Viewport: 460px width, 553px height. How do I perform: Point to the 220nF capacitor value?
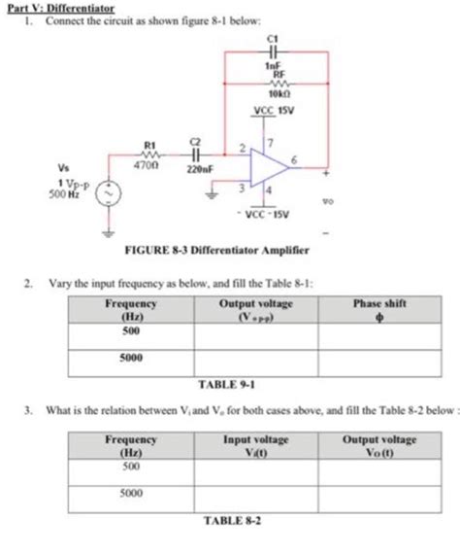coord(200,167)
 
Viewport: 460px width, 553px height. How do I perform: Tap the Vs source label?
coord(64,164)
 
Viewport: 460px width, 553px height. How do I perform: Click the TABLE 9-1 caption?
coord(226,382)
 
